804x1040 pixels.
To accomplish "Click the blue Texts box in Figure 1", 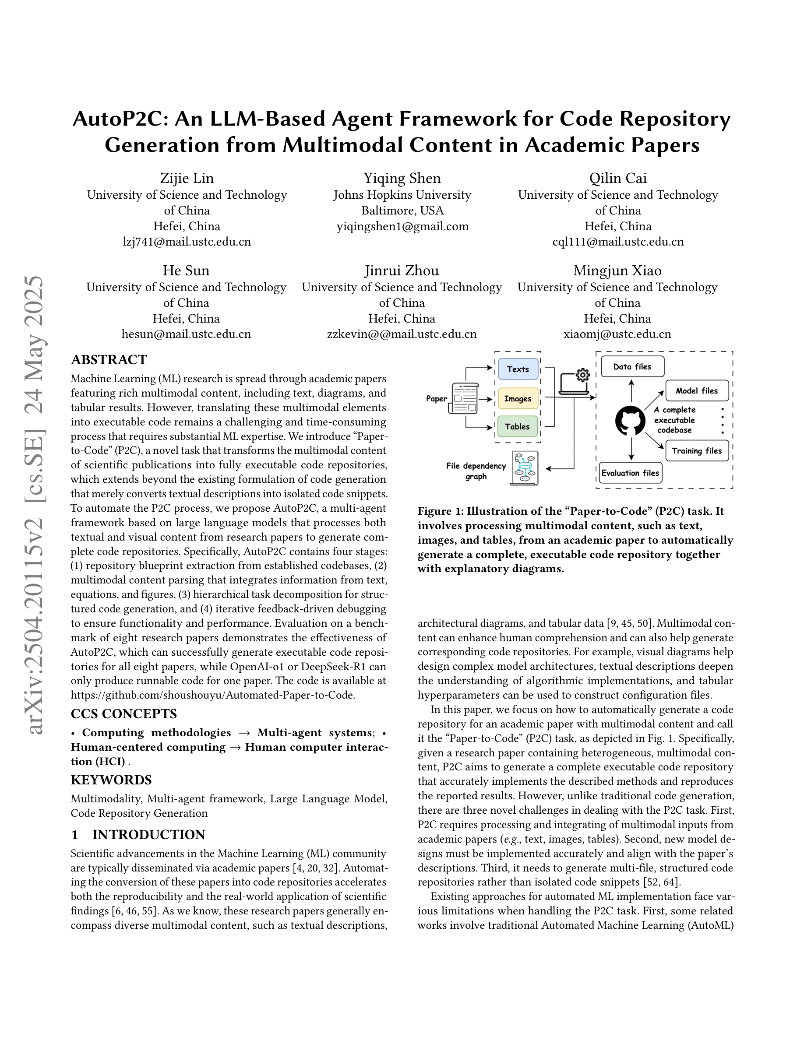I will pyautogui.click(x=518, y=369).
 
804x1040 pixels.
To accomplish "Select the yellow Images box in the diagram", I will pyautogui.click(x=518, y=399).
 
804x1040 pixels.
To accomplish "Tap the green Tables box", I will pyautogui.click(x=517, y=427).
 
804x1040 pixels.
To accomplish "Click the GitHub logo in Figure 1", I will pyautogui.click(x=630, y=421).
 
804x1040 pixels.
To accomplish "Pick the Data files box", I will pyautogui.click(x=632, y=367).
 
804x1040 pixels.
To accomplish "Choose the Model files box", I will pyautogui.click(x=696, y=391).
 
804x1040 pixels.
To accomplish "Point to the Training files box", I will pyautogui.click(x=696, y=451).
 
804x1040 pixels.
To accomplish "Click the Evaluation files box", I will pyautogui.click(x=630, y=473).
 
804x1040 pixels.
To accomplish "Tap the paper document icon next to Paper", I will pyautogui.click(x=464, y=398).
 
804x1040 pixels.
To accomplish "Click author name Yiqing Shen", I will pyautogui.click(x=402, y=179).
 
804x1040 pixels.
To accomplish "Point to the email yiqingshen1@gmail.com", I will pyautogui.click(x=402, y=227).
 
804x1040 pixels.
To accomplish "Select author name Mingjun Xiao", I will pyautogui.click(x=617, y=271).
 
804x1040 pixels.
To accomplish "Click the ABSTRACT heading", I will pyautogui.click(x=109, y=359).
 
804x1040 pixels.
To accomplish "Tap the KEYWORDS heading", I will pyautogui.click(x=111, y=780).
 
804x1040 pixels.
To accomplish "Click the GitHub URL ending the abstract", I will pyautogui.click(x=213, y=695).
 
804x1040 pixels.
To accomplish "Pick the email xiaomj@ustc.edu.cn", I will pyautogui.click(x=617, y=334).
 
